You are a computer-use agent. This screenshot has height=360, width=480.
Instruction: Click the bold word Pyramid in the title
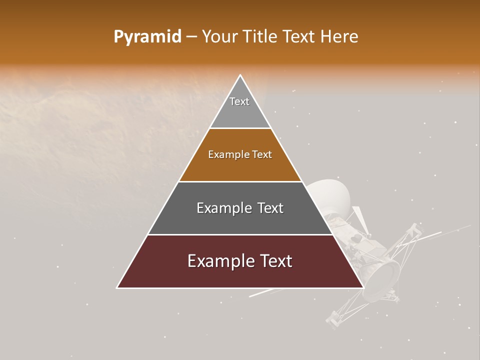tap(147, 37)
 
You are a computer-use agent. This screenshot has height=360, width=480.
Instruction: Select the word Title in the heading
tap(260, 37)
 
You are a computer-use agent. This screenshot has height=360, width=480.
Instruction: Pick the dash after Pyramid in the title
tap(191, 37)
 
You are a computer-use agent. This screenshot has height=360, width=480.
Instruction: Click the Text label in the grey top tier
tap(239, 101)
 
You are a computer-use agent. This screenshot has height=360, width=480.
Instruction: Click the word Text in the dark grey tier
tap(270, 208)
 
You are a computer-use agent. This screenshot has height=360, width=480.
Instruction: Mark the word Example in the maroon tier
tap(218, 261)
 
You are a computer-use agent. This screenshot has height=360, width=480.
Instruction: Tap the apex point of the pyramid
tap(240, 75)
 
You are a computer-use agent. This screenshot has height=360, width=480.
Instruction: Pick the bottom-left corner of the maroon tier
tap(117, 287)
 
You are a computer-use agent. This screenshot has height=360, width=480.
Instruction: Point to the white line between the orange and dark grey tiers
tap(240, 181)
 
